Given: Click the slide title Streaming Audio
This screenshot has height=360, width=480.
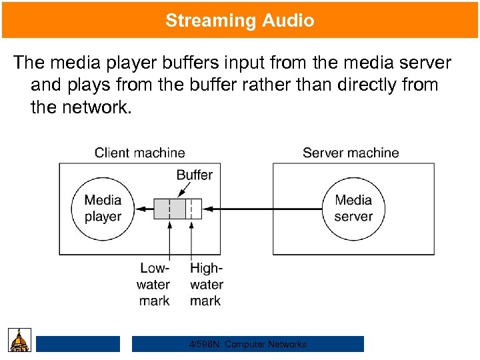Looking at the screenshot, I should point(240,21).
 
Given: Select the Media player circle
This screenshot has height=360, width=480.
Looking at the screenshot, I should point(103,209).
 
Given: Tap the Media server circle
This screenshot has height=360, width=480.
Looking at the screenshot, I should point(353,209).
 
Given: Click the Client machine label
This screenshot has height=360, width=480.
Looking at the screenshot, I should point(139,153).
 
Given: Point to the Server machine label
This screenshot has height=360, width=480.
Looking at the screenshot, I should point(351,153).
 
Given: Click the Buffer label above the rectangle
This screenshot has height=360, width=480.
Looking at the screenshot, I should point(194,175).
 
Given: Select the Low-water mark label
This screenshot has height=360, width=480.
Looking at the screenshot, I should point(154,285).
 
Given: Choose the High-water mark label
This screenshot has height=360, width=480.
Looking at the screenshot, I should point(206,285).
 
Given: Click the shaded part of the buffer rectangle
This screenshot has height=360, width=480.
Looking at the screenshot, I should point(169,209).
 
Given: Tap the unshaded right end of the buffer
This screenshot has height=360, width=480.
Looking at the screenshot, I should point(194,209).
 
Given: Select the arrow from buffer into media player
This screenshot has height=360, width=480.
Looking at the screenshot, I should point(145,209).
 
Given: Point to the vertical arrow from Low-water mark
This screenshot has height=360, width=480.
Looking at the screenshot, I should point(170,240).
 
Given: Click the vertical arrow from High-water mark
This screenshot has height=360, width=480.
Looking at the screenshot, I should point(192,240).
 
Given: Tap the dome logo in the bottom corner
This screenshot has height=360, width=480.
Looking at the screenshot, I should point(19,341).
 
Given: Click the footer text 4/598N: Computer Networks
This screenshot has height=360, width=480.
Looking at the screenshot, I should point(247,345).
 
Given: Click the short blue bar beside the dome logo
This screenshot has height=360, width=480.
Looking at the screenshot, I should point(78,344).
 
